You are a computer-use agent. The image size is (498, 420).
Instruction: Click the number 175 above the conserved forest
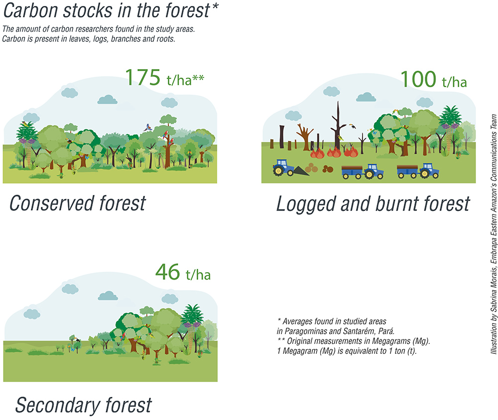[x=142, y=78]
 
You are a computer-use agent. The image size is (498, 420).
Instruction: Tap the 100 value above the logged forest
[x=418, y=79]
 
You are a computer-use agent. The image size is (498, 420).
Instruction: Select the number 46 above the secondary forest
[x=168, y=272]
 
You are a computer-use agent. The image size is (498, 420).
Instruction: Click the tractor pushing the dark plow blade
[x=284, y=168]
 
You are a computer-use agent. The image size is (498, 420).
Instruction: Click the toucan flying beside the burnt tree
[x=352, y=126]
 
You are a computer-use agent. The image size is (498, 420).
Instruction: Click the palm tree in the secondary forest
[x=192, y=327]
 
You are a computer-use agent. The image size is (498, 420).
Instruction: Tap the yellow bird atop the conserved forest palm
[x=25, y=124]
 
